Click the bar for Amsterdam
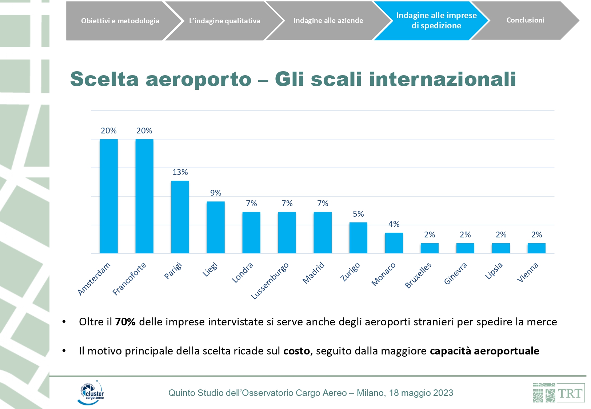pyautogui.click(x=109, y=196)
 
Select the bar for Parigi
pyautogui.click(x=180, y=217)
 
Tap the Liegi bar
pyautogui.click(x=216, y=227)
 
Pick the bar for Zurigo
pyautogui.click(x=358, y=237)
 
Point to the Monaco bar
pyautogui.click(x=394, y=243)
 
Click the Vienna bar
pyautogui.click(x=536, y=248)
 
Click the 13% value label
pyautogui.click(x=180, y=172)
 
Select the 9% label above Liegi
pyautogui.click(x=216, y=193)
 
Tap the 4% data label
pyautogui.click(x=394, y=224)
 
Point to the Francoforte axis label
pyautogui.click(x=129, y=278)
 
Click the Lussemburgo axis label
pyautogui.click(x=270, y=281)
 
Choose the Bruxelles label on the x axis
pyautogui.click(x=418, y=275)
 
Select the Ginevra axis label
pyautogui.click(x=456, y=273)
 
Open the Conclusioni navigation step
pyautogui.click(x=525, y=20)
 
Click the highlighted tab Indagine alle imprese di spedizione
pyautogui.click(x=436, y=20)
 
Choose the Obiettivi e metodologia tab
pyautogui.click(x=120, y=21)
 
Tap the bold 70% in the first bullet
pyautogui.click(x=125, y=322)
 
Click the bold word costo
pyautogui.click(x=296, y=351)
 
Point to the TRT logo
pyautogui.click(x=559, y=393)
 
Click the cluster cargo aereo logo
pyautogui.click(x=91, y=393)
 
